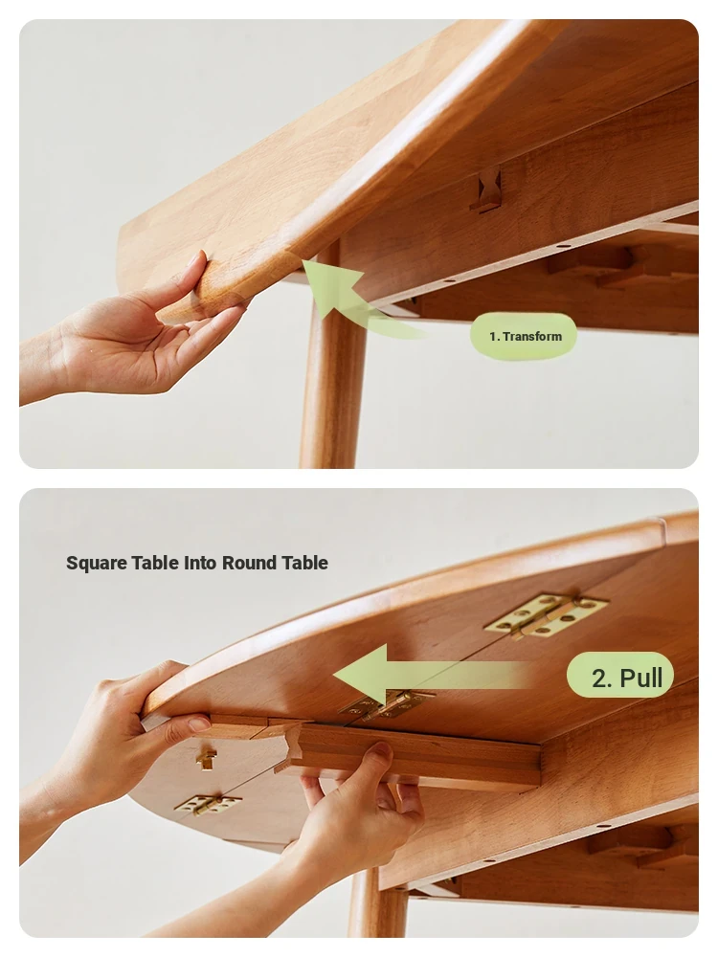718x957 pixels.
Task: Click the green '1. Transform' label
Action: point(524,336)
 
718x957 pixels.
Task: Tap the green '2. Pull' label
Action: point(620,676)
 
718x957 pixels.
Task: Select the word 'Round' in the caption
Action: point(249,562)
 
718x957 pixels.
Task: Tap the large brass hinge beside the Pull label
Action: point(546,615)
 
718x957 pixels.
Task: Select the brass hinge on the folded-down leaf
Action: point(208,804)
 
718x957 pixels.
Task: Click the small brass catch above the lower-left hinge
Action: point(207,759)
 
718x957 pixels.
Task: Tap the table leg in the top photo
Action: point(333,360)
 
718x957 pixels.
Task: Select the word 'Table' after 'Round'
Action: point(304,562)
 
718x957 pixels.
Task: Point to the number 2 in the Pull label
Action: point(600,678)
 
